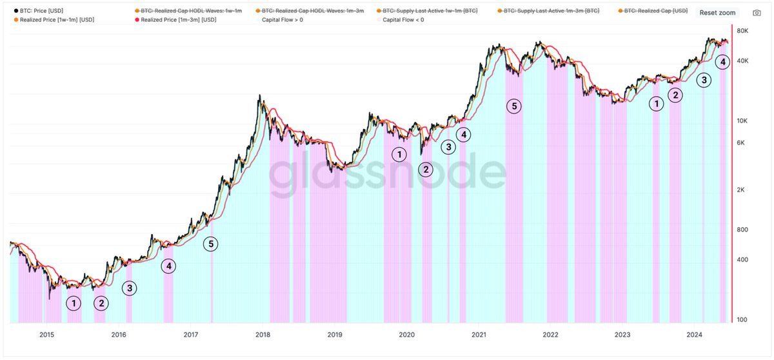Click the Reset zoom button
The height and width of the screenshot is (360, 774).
[717, 12]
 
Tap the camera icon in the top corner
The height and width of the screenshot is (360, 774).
[757, 12]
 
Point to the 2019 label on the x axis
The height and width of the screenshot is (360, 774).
[335, 334]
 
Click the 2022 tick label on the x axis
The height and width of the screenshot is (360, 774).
[550, 334]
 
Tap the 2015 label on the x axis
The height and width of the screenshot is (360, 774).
[46, 334]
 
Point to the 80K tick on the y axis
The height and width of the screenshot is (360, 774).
[742, 31]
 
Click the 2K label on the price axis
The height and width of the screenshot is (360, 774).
[742, 190]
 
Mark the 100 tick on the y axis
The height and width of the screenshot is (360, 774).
[742, 320]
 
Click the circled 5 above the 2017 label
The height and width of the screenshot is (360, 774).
[211, 244]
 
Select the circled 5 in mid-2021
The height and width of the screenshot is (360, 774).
[513, 106]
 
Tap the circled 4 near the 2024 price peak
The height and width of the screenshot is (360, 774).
[723, 62]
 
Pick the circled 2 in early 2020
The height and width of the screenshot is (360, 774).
[426, 169]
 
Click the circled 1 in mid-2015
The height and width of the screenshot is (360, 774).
[74, 303]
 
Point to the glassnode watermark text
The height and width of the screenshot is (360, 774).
[387, 174]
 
